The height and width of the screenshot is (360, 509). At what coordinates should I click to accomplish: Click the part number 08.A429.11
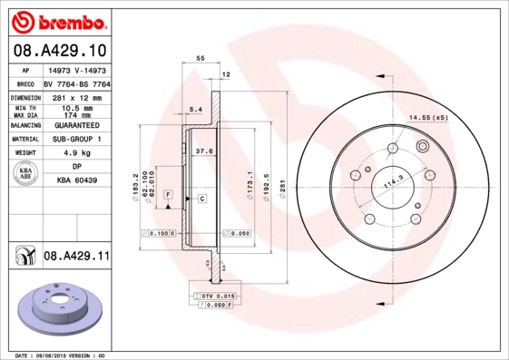76,258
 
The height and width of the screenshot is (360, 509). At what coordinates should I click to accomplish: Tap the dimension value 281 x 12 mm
75,96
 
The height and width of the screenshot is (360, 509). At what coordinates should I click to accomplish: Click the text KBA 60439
75,181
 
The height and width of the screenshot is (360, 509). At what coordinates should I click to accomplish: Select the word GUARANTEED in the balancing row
75,125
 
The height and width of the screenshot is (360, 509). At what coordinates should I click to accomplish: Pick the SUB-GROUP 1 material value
75,140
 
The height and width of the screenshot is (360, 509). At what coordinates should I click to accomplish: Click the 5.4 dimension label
194,109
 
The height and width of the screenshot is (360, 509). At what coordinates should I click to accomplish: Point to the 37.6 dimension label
204,151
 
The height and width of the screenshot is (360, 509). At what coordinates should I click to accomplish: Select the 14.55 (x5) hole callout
428,118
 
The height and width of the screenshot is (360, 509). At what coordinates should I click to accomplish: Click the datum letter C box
201,198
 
